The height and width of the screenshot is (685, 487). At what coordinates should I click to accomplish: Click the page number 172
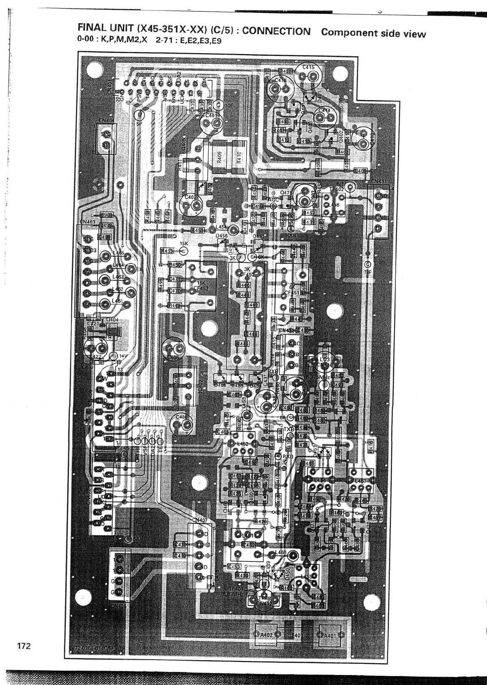(24, 646)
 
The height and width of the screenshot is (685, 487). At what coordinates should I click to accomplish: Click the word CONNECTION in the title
(276, 31)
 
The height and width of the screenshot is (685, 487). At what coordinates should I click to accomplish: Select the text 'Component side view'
(373, 33)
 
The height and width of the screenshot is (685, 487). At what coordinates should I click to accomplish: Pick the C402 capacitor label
(190, 197)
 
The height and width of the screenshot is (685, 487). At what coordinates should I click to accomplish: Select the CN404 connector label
(106, 121)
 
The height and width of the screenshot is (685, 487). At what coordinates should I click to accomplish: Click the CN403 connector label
(88, 221)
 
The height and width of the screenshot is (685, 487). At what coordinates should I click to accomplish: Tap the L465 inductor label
(118, 253)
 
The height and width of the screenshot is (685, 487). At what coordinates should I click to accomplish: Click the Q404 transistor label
(112, 319)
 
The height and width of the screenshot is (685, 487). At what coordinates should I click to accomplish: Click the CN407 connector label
(199, 520)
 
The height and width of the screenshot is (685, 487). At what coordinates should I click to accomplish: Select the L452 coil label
(243, 444)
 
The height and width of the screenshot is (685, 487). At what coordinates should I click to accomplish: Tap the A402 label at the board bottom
(266, 634)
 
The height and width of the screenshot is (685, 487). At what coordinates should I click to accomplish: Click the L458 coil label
(335, 205)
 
